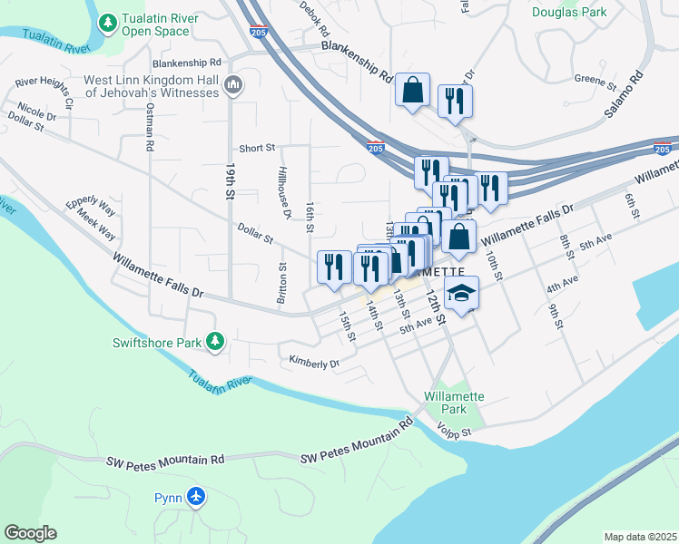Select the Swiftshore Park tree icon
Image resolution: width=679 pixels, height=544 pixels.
click(x=215, y=342)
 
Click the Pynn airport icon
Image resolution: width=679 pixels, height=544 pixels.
click(x=195, y=497)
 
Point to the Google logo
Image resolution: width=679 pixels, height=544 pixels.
click(x=30, y=533)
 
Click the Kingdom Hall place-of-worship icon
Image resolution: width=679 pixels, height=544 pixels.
click(x=233, y=86)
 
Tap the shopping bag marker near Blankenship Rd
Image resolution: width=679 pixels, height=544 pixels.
click(x=412, y=91)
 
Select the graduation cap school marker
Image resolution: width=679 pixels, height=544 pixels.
click(x=462, y=293)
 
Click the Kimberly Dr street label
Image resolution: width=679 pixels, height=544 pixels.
click(x=313, y=363)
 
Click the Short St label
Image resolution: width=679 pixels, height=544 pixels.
click(x=257, y=148)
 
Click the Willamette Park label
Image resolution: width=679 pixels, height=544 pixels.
click(x=456, y=403)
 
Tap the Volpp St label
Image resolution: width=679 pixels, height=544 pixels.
click(x=454, y=431)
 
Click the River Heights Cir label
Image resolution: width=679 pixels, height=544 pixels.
click(x=44, y=92)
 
